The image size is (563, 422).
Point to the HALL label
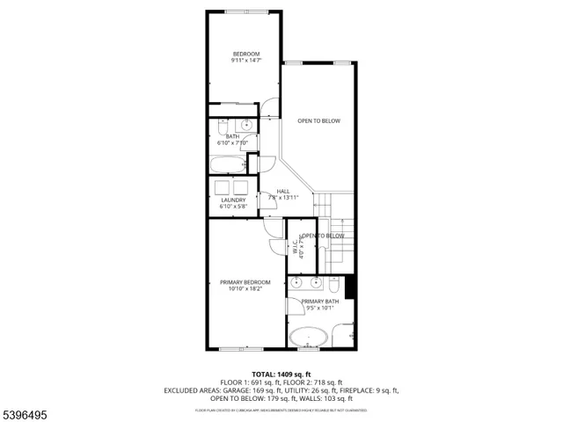coord(283,191)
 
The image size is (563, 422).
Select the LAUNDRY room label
coord(233,200)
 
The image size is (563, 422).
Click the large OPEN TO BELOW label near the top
coord(318,120)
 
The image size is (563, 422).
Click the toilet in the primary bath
coord(335,285)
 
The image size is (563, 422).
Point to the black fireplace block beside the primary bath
coord(351,287)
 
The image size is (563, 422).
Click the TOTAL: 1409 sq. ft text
coord(281,374)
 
